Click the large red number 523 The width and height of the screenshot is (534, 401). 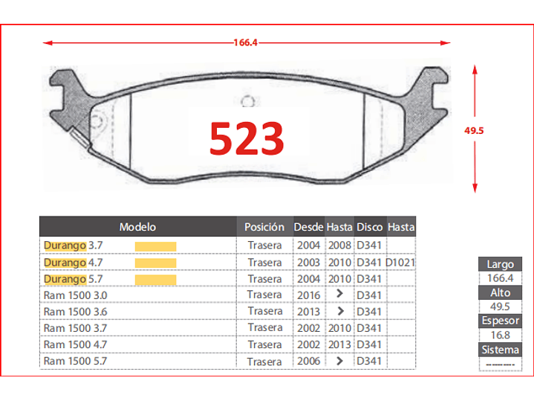[x=247, y=138]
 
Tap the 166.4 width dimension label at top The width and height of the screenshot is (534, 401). [x=245, y=42]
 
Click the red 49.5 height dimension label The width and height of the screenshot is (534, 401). [x=474, y=130]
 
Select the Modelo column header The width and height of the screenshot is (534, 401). [x=137, y=227]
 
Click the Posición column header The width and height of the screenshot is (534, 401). [x=264, y=227]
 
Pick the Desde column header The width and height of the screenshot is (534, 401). [x=308, y=227]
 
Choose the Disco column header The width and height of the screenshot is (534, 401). [x=369, y=227]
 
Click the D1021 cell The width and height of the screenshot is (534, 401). [x=400, y=263]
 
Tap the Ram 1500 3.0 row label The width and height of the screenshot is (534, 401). [x=75, y=295]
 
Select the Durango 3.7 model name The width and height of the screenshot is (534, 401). [x=73, y=246]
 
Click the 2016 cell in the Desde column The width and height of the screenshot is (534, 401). [x=308, y=295]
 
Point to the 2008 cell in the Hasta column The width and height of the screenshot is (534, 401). [x=339, y=246]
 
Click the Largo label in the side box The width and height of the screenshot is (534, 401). [x=500, y=264]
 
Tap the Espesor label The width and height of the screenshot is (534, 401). [x=500, y=321]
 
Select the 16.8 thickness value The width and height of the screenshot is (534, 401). [x=500, y=336]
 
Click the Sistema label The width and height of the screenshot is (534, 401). [x=500, y=350]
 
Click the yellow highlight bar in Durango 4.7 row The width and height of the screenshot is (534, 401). [x=155, y=263]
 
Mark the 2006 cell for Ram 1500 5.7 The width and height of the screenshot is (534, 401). [x=308, y=362]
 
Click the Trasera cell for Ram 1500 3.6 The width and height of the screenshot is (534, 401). [x=264, y=312]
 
